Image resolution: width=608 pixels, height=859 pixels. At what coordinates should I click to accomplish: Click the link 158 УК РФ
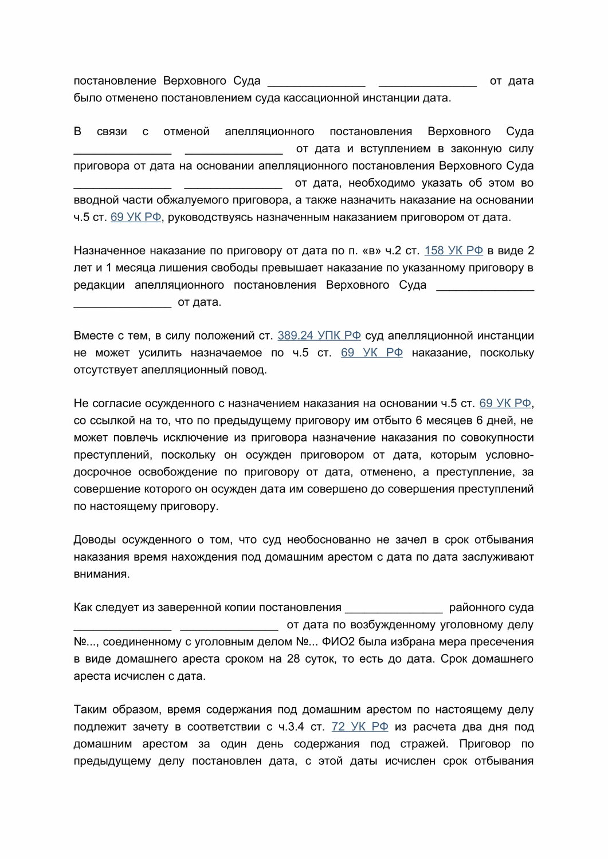pyautogui.click(x=453, y=251)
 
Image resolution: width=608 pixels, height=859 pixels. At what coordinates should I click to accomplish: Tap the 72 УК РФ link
pyautogui.click(x=360, y=727)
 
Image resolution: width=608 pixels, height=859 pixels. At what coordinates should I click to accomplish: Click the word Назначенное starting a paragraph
pyautogui.click(x=109, y=251)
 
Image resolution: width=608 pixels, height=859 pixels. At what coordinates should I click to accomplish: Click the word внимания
pyautogui.click(x=101, y=574)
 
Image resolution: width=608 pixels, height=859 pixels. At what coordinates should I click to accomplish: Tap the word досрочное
pyautogui.click(x=101, y=472)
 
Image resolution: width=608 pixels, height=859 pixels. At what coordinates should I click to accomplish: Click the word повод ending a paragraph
pyautogui.click(x=249, y=370)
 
